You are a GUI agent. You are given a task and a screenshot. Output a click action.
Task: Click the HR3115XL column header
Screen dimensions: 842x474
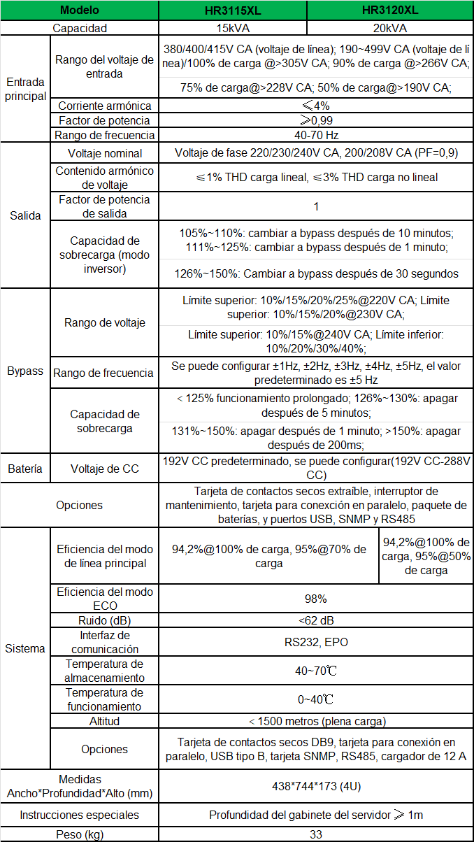click(233, 10)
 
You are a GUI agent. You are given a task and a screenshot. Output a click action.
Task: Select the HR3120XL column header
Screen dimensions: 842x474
click(390, 10)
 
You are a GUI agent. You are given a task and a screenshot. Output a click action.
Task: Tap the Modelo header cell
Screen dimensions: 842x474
click(80, 10)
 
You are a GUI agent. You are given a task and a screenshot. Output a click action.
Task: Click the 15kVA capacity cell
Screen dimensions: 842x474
click(233, 28)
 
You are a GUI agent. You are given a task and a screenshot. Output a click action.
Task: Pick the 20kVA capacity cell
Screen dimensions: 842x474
click(390, 28)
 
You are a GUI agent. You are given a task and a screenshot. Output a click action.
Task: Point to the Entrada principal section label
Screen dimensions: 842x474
click(25, 90)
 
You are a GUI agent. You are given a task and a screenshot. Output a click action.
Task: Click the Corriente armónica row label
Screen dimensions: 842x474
click(104, 106)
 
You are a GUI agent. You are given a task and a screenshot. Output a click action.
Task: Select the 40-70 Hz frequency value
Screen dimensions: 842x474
click(316, 135)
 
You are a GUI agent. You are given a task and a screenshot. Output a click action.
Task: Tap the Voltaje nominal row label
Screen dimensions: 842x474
click(104, 153)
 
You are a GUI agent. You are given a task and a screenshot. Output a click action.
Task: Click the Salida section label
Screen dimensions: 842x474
click(25, 215)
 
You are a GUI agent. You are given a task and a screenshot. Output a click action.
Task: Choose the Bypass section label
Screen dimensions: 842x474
click(25, 371)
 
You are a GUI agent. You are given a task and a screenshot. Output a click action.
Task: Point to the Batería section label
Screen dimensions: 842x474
click(25, 469)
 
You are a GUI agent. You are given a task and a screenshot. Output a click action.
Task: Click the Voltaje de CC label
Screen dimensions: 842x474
click(104, 469)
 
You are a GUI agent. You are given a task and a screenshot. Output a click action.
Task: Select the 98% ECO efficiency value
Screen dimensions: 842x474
click(316, 599)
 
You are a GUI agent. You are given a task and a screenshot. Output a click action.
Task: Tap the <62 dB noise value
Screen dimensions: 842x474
click(316, 620)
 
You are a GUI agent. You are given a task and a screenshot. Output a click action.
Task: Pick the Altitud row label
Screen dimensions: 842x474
click(104, 721)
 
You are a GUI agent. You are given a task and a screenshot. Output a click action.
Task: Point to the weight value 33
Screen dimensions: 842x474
click(316, 834)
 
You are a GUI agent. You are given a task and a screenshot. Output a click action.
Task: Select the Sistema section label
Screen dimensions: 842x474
click(25, 648)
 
